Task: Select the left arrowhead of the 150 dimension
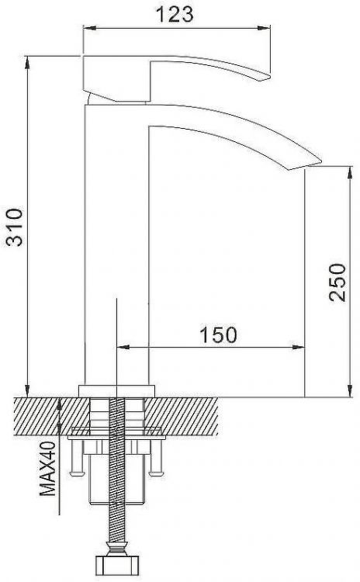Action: coord(120,346)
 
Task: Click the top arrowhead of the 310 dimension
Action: coord(28,61)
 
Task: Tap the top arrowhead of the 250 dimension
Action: coord(346,169)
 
